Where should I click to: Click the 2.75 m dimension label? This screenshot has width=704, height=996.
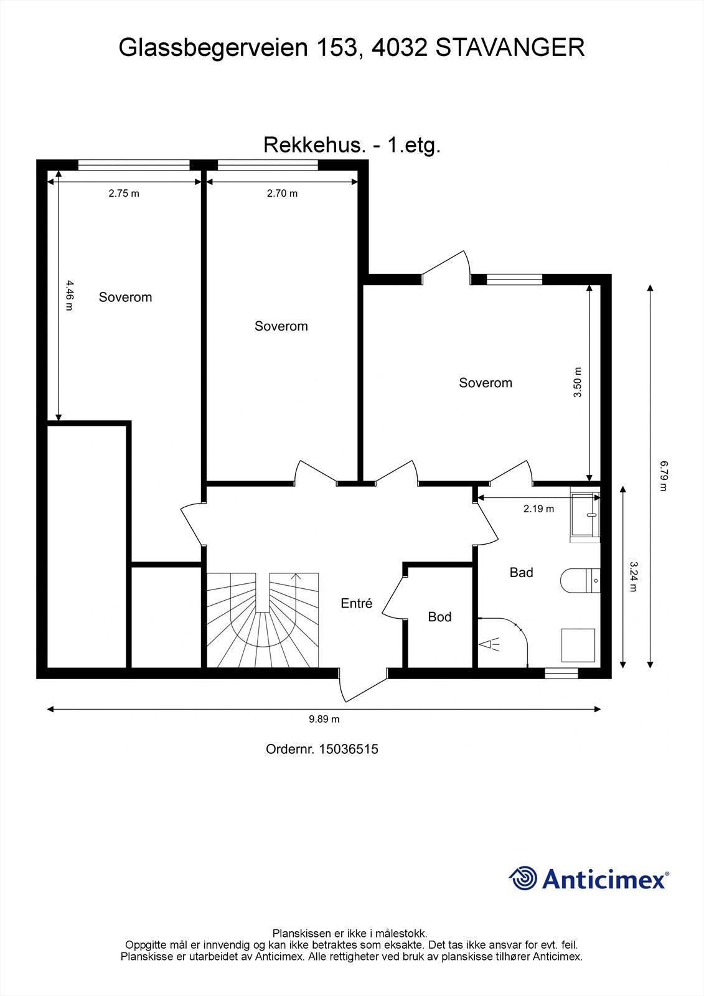124,194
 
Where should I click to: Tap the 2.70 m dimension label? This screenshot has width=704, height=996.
282,194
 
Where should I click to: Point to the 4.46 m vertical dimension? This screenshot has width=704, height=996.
69,295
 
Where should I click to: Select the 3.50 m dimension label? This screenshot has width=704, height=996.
577,382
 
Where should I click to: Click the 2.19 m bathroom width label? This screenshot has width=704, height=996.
538,509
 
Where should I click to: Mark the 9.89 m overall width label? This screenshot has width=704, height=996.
324,719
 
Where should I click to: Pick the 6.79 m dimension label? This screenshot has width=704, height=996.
664,476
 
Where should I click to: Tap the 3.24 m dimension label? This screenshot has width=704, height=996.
633,576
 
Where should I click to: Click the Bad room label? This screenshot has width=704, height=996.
521,572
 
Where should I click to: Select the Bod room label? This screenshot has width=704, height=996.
439,617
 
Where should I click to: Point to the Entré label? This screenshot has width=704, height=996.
356,603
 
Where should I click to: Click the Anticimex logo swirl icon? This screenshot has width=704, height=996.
523,878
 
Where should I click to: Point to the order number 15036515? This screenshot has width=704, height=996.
349,749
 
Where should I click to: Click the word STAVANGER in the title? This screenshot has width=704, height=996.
510,48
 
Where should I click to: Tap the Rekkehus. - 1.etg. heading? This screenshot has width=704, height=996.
352,145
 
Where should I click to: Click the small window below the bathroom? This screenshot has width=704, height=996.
561,673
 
